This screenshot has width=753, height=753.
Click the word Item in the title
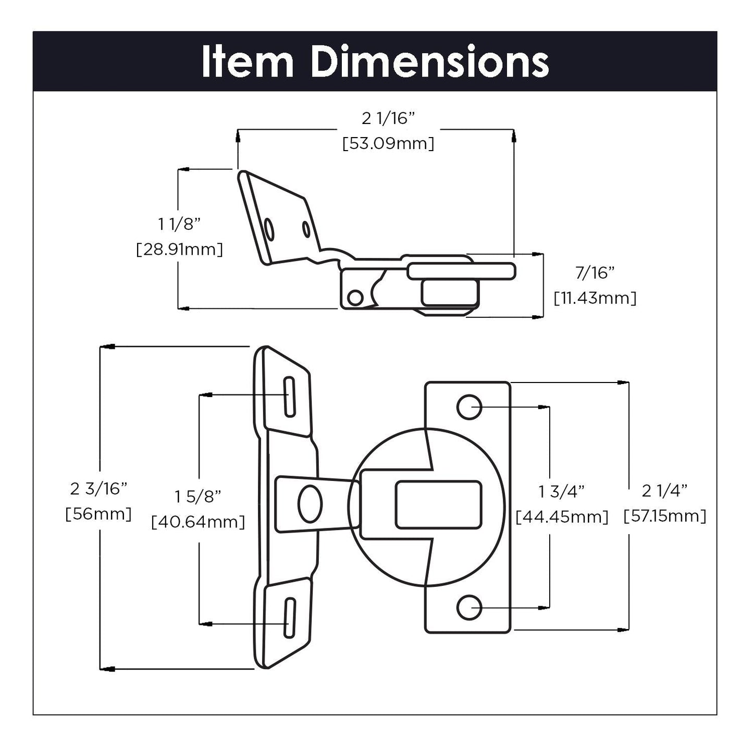point(248,62)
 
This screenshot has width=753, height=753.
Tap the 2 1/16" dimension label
point(388,119)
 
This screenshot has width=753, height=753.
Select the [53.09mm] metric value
point(388,143)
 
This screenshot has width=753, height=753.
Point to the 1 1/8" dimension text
point(180,225)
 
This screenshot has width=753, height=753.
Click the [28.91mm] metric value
point(180,249)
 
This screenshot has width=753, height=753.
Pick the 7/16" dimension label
point(595,273)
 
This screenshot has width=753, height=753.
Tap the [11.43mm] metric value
point(595,298)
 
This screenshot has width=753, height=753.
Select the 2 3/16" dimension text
point(99,489)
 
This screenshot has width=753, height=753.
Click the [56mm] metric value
point(99,514)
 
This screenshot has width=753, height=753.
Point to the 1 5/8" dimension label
point(198,497)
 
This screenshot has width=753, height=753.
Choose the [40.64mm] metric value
point(198,522)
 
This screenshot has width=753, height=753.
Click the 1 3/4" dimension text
point(562,491)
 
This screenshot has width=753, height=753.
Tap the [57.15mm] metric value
point(665,516)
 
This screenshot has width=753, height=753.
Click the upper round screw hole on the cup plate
point(469,407)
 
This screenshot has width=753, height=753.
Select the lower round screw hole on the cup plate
point(469,607)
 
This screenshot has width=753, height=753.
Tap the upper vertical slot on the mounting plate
point(290,397)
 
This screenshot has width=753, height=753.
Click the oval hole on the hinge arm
point(310,504)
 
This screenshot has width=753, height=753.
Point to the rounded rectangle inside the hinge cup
point(438,504)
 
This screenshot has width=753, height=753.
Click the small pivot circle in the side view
point(355,298)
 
